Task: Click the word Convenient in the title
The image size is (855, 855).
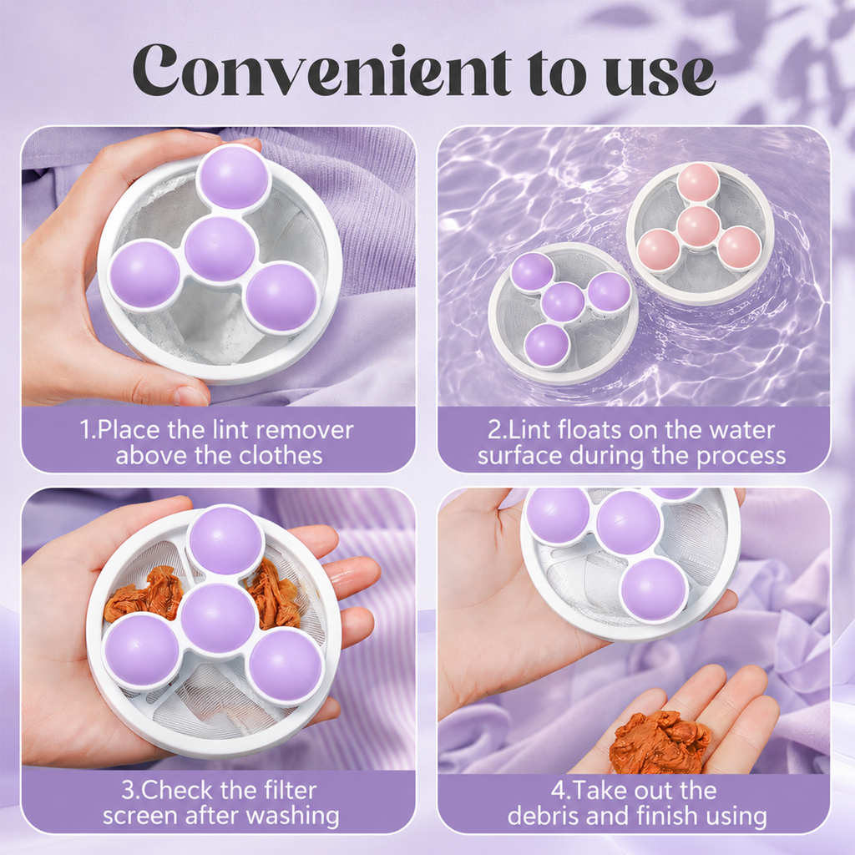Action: (x=321, y=70)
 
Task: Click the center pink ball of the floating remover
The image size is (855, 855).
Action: (x=699, y=227)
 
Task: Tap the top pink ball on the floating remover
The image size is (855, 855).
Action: (x=699, y=183)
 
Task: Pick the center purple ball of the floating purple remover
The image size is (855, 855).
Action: (x=563, y=301)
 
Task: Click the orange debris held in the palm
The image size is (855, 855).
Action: (x=660, y=742)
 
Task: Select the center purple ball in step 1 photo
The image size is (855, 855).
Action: (x=220, y=249)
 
